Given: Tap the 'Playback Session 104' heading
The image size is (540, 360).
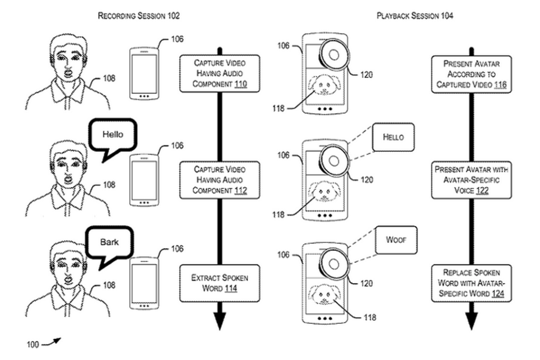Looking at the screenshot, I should [414, 16].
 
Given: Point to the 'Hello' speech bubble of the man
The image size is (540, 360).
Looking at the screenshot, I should [113, 136].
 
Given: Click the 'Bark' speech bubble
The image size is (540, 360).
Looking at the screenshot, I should [109, 243].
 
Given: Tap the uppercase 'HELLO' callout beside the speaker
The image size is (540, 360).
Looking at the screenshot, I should [393, 137].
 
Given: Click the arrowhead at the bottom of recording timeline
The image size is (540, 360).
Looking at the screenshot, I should [219, 322].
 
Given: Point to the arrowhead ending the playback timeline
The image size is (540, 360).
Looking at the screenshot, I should [471, 322].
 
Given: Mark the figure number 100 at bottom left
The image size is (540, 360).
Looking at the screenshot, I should [33, 344].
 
